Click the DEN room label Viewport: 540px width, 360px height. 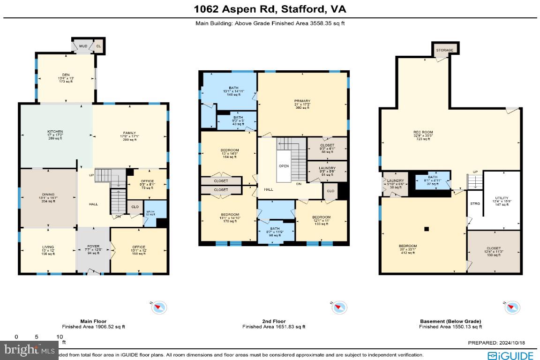click(66, 75)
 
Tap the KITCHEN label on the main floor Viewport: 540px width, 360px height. click(55, 131)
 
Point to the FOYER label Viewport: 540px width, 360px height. click(92, 247)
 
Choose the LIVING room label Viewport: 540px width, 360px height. click(48, 247)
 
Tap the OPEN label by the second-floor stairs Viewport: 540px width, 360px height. click(284, 165)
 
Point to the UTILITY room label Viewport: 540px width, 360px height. click(501, 198)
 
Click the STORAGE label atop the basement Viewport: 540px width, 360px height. click(444, 50)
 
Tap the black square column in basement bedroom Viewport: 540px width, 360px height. click(427, 229)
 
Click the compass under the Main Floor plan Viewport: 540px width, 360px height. click(158, 307)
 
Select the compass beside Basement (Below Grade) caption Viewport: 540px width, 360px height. click(512, 307)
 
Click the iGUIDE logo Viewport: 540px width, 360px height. click(510, 355)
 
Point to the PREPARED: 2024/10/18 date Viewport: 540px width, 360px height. click(500, 343)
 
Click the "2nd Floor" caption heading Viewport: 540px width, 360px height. click(274, 322)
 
